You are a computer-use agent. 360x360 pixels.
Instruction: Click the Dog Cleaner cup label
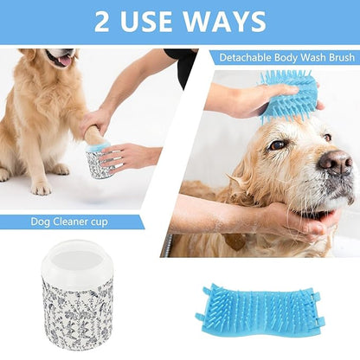point(70,222)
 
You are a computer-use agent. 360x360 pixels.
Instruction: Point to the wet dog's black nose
point(335,161)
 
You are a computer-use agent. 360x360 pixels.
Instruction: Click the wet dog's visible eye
point(275,145)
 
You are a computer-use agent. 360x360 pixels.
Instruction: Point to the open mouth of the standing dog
point(63,61)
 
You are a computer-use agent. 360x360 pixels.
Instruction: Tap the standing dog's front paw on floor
point(40,186)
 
